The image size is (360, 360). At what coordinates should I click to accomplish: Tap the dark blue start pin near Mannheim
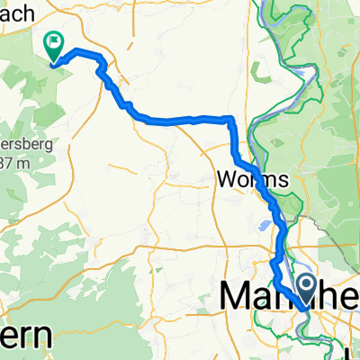coord(306,289)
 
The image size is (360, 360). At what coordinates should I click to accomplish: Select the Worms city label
coord(253,180)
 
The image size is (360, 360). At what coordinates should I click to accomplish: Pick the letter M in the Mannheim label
coord(236,294)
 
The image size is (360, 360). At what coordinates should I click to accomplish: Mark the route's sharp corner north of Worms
coord(232,119)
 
